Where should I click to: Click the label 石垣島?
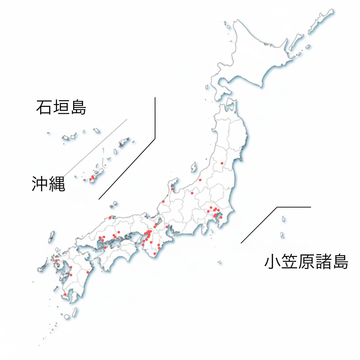[61, 108]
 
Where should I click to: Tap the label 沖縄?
[49, 184]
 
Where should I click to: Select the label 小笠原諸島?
[306, 262]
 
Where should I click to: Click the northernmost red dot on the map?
[222, 163]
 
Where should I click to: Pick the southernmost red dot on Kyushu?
[65, 294]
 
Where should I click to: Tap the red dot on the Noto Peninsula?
[172, 189]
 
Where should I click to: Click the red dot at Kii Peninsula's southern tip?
[155, 253]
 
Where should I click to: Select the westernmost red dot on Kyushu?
[56, 261]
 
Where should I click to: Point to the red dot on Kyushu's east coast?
[88, 272]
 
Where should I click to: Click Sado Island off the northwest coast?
[193, 167]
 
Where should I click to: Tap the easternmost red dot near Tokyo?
[221, 217]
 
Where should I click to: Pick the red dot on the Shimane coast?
[110, 217]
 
